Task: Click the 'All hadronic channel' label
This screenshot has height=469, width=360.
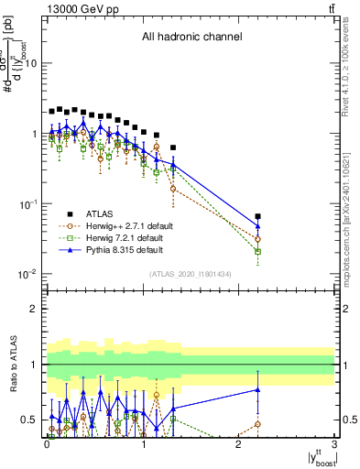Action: [191, 38]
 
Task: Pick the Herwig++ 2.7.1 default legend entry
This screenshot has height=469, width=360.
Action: [136, 224]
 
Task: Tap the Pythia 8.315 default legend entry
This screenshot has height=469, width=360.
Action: [131, 249]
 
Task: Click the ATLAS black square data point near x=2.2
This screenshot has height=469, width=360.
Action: [258, 217]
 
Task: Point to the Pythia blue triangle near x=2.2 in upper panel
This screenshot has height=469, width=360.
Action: [258, 226]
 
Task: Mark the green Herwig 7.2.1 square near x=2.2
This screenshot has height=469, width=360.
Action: [258, 251]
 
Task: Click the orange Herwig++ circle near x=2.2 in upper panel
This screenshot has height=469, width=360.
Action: [258, 239]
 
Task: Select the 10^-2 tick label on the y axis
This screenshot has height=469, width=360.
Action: [27, 274]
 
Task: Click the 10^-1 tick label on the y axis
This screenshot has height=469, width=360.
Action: [27, 203]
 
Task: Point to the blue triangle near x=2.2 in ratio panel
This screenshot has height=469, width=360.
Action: [258, 389]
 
